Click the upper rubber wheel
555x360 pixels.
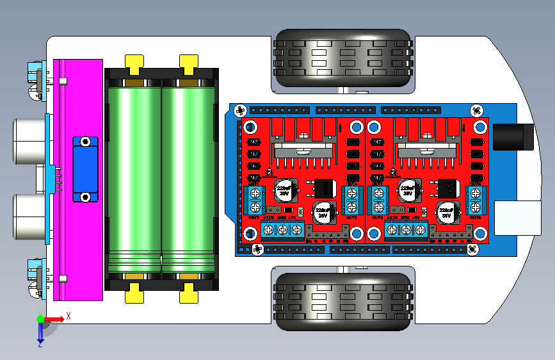pyautogui.click(x=342, y=57)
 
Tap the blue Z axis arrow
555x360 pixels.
pyautogui.click(x=40, y=332)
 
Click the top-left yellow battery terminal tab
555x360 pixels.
pyautogui.click(x=134, y=64)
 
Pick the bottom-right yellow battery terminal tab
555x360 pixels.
pyautogui.click(x=188, y=293)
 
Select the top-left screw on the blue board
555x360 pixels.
pyautogui.click(x=241, y=110)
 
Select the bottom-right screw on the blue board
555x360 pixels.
pyautogui.click(x=473, y=248)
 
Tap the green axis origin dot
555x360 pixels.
pyautogui.click(x=40, y=318)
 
